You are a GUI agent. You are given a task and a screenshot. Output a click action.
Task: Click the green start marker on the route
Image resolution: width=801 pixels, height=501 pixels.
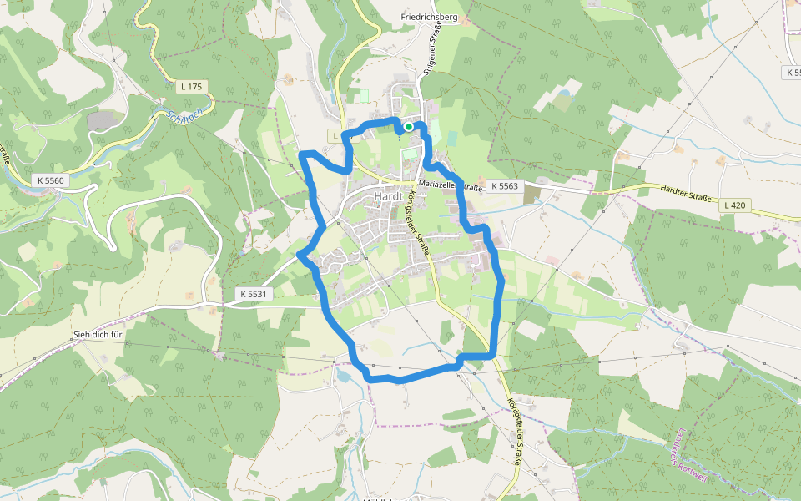(409, 127)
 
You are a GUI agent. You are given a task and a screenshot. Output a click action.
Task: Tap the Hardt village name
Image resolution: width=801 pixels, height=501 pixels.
(389, 195)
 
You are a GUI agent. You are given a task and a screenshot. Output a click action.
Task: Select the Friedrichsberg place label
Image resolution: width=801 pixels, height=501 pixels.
(430, 17)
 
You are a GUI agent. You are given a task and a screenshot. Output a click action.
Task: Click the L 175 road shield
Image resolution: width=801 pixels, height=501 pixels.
(191, 86)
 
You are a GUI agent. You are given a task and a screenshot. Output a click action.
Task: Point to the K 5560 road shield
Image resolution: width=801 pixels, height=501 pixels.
(51, 180)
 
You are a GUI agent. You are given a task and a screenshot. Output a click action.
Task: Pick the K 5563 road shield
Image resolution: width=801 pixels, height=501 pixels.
(504, 186)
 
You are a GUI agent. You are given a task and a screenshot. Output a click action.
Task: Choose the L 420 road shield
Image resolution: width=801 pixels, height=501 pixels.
(735, 205)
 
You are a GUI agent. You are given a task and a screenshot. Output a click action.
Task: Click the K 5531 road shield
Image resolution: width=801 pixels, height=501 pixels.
(253, 294)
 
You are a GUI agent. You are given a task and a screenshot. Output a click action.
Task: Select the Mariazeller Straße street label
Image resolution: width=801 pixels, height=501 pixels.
(451, 185)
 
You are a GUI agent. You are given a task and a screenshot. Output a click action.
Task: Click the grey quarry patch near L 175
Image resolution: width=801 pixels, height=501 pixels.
(102, 120)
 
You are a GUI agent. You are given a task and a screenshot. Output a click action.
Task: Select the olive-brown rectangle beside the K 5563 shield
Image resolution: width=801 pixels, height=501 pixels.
(532, 193)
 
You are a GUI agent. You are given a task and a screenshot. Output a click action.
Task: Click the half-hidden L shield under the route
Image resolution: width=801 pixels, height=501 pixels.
(336, 136)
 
